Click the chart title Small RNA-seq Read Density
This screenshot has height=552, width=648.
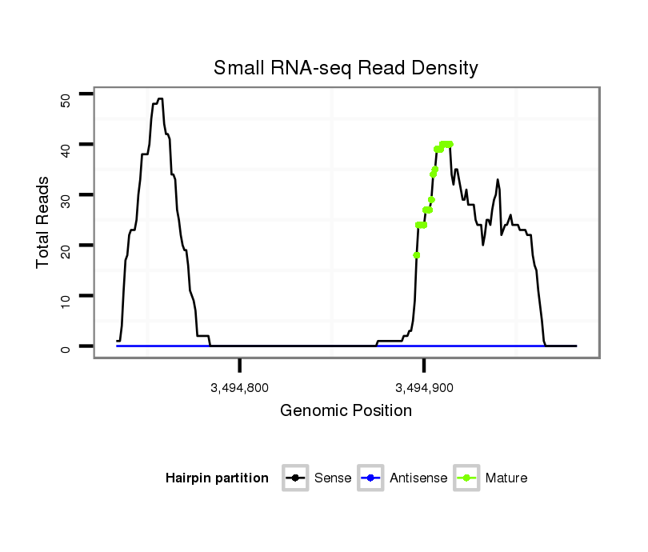(346, 68)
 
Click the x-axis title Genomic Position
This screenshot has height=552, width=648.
(346, 411)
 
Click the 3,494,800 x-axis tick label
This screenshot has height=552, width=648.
(240, 388)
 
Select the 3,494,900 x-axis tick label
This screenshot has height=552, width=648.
(424, 388)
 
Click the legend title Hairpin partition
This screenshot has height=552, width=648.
(217, 478)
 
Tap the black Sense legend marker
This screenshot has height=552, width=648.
(295, 478)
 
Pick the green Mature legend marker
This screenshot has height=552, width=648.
(466, 478)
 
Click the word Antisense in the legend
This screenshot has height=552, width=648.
(418, 478)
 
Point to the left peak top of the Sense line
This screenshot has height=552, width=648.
(160, 98)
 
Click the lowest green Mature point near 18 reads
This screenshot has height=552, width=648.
(417, 255)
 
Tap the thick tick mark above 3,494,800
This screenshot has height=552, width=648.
(240, 366)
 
